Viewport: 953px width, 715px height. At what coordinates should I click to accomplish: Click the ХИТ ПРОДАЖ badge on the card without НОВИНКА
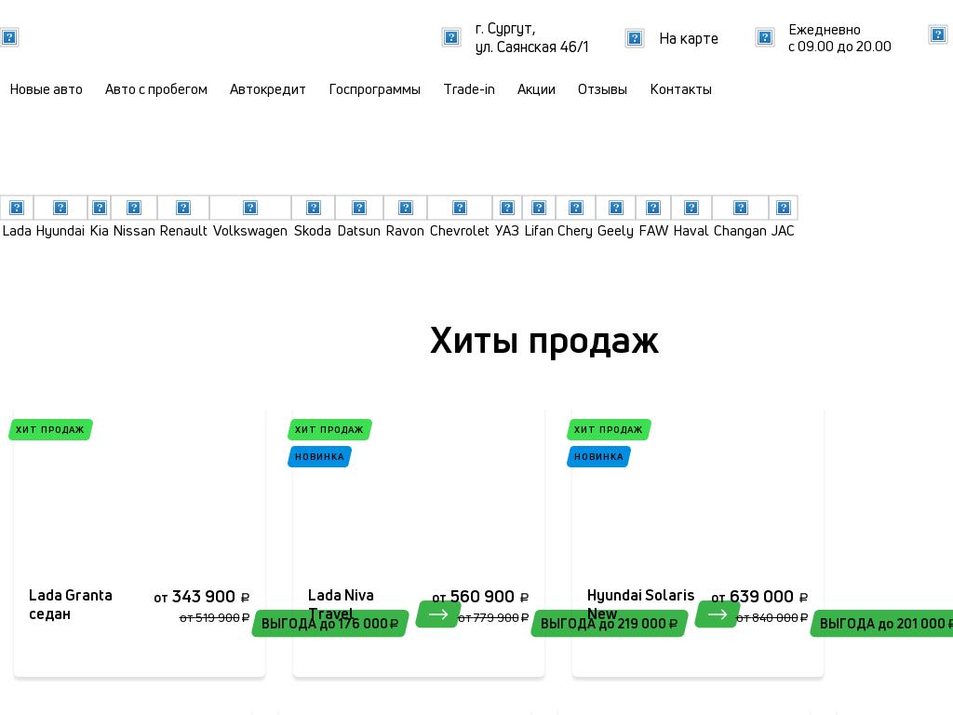[50, 429]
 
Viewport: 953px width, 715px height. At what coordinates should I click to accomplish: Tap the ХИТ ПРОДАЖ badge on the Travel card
[329, 429]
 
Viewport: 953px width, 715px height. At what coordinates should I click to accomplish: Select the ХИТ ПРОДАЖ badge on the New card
[609, 429]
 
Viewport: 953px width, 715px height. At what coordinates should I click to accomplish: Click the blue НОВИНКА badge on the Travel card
[319, 456]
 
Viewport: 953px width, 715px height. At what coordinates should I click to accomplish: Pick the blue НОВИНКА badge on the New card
[598, 456]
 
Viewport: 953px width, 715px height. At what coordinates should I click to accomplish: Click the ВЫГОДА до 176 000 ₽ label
[329, 624]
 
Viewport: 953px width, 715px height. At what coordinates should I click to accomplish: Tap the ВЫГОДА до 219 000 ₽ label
[609, 624]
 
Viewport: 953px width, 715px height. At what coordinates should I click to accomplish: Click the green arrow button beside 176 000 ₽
[438, 614]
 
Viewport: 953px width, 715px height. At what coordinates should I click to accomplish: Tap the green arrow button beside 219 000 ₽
[718, 614]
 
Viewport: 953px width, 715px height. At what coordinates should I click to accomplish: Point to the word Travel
[332, 614]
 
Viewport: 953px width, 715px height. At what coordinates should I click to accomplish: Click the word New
[602, 614]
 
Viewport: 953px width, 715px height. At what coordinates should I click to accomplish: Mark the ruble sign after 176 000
[395, 624]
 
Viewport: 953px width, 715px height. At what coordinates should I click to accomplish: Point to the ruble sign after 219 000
[674, 624]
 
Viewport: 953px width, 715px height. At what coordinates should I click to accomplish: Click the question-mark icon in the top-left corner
[9, 37]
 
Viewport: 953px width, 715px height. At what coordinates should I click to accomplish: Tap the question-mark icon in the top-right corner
[938, 34]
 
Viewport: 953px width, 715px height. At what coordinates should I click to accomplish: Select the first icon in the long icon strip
[17, 208]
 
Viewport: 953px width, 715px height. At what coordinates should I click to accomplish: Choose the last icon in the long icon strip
[784, 208]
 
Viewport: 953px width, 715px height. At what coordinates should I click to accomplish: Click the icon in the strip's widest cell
[250, 208]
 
